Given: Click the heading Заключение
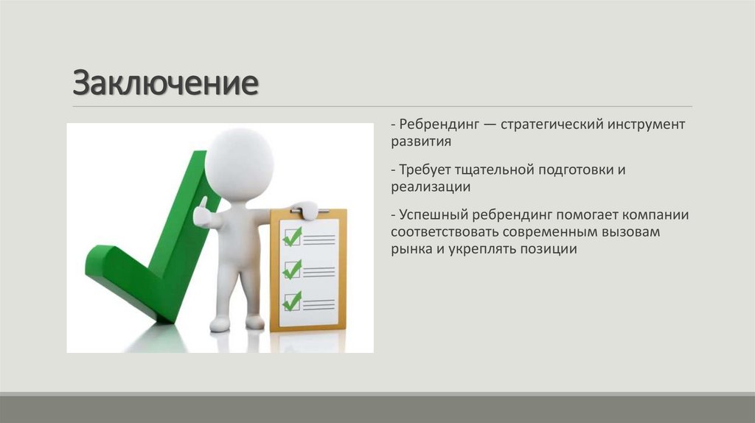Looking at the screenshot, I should pos(165,83).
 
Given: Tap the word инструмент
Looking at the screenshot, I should pos(647,125).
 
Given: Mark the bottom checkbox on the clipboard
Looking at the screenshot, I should pos(292,301).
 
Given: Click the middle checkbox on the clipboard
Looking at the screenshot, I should pos(292,269).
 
